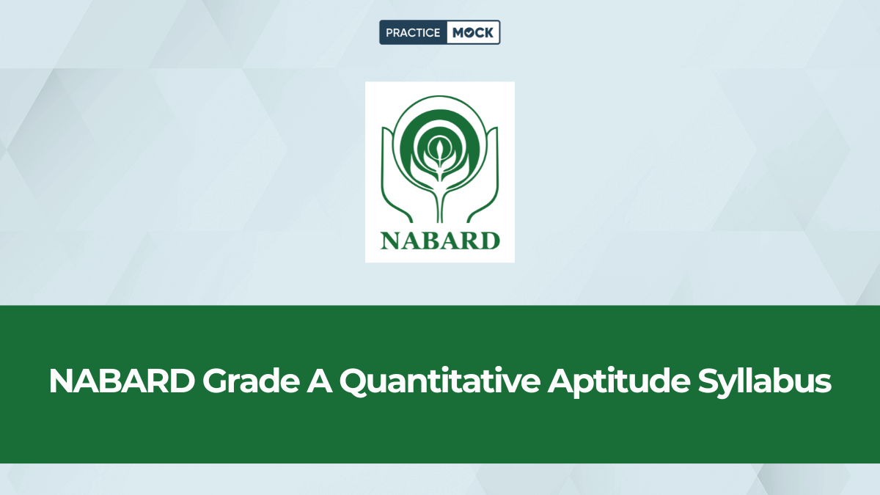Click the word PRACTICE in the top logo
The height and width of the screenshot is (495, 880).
pos(413,32)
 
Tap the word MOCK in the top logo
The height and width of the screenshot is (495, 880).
pos(473,32)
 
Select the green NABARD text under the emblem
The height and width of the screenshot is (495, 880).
pos(440,241)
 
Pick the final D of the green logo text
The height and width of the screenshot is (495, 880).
pos(491,241)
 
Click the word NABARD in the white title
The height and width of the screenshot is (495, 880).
pos(120,382)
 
